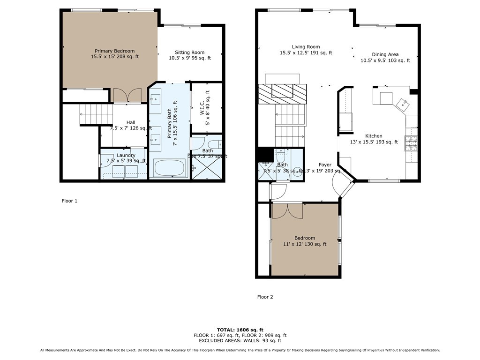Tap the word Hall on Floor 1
click(x=131, y=122)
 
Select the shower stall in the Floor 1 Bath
click(x=207, y=167)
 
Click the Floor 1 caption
click(x=69, y=201)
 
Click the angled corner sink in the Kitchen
click(x=403, y=104)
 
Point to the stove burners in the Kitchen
click(x=411, y=141)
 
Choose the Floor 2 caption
click(x=265, y=297)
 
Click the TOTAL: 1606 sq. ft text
click(x=240, y=330)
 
